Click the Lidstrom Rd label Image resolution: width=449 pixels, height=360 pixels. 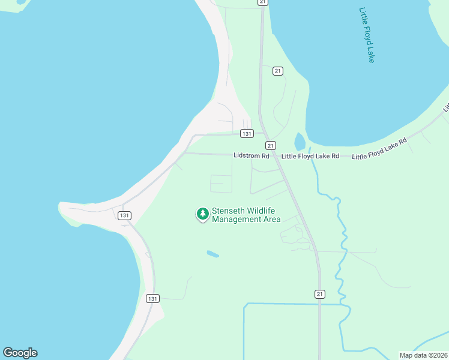click(x=252, y=156)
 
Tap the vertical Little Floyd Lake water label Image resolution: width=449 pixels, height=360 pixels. click(x=367, y=35)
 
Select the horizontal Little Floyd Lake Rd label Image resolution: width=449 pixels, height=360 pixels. click(x=310, y=156)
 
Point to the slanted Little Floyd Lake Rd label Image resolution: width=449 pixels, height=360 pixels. click(x=379, y=149)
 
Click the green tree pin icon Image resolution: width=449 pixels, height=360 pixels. click(x=203, y=214)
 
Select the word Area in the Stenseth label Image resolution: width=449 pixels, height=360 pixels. click(x=271, y=220)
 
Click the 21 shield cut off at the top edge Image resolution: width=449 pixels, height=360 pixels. click(x=263, y=2)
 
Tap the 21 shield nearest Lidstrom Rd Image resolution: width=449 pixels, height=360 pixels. click(x=271, y=146)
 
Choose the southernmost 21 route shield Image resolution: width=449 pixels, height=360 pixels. click(x=320, y=293)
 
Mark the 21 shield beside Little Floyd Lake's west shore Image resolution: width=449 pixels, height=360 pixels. click(x=277, y=71)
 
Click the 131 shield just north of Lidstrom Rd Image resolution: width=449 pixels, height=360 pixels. click(x=247, y=133)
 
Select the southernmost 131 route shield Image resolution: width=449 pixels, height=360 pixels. click(x=152, y=298)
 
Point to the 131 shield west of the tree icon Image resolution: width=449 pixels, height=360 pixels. click(x=124, y=215)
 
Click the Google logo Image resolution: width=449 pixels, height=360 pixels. click(x=20, y=353)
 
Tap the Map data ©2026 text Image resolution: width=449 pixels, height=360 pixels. click(x=423, y=355)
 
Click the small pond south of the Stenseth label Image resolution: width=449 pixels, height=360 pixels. click(x=213, y=254)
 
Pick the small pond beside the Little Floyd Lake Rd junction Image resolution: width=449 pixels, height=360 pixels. click(x=300, y=142)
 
